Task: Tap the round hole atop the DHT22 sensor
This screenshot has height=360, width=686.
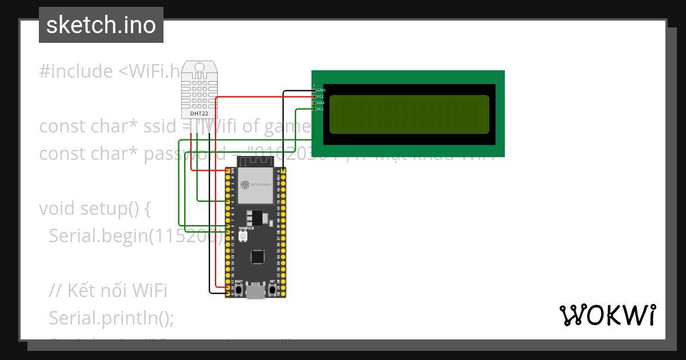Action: [x=199, y=67]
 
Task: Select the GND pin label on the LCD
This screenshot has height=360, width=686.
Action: [x=321, y=90]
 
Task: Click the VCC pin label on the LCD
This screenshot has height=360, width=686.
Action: [x=321, y=97]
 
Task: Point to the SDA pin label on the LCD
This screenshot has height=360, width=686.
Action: [x=321, y=103]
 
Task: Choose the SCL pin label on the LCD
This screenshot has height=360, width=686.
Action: [x=321, y=109]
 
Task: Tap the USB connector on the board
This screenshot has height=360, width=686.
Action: [x=256, y=292]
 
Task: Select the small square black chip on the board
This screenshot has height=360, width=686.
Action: [x=258, y=257]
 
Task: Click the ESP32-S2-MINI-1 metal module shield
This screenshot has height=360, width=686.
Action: [x=256, y=186]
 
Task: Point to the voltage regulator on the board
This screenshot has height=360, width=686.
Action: [x=255, y=218]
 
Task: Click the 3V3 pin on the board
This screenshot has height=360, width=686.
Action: [x=228, y=171]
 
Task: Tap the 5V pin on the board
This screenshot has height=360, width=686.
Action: [x=228, y=287]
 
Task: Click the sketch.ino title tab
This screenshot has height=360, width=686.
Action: [x=101, y=25]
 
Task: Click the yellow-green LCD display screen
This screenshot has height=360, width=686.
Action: [x=409, y=112]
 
